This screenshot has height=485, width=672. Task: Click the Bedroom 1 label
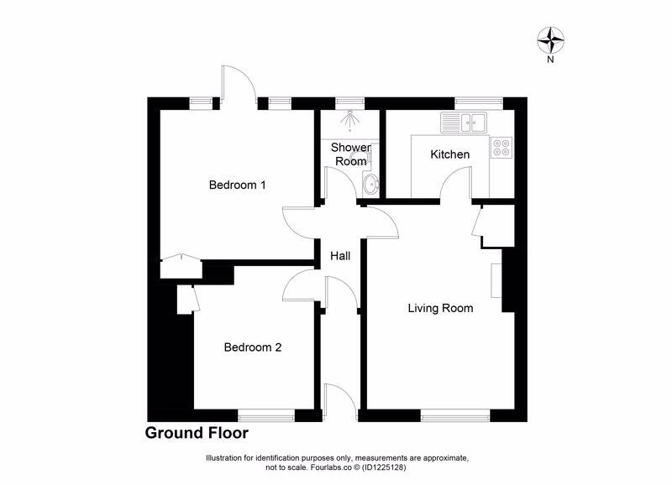click(238, 185)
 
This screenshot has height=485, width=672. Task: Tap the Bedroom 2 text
click(253, 347)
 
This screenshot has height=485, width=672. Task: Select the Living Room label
click(440, 308)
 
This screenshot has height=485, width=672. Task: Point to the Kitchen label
click(450, 154)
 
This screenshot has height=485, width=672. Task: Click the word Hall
click(340, 256)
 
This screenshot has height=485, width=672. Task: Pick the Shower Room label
click(351, 154)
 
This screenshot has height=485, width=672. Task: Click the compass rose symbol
click(550, 39)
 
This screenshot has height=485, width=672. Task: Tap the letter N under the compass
click(550, 60)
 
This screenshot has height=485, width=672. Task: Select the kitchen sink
click(465, 123)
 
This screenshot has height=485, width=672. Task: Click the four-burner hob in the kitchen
click(501, 147)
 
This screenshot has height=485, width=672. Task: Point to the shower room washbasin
click(370, 185)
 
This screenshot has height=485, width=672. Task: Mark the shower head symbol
click(350, 119)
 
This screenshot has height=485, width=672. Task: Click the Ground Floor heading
click(197, 433)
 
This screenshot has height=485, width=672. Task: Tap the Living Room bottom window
click(455, 415)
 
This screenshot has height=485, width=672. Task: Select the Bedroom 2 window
click(266, 415)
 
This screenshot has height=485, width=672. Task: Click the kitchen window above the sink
click(479, 103)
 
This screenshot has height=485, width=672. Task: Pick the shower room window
click(349, 103)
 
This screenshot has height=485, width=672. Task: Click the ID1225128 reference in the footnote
click(384, 467)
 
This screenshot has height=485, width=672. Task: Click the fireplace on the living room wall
click(496, 280)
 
